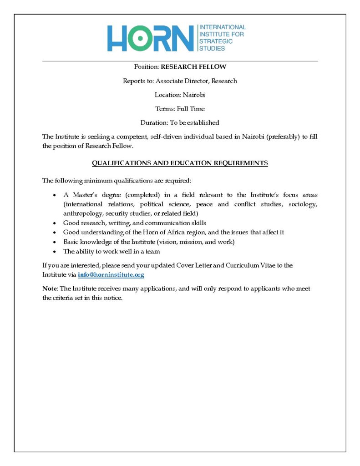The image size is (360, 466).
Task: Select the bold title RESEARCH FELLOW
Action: (x=193, y=67)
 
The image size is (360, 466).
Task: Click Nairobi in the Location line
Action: (x=194, y=95)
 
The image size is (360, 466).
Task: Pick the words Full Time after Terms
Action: (x=194, y=109)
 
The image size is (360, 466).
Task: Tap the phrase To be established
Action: (x=194, y=122)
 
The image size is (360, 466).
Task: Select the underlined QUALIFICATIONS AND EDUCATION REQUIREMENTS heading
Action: (x=180, y=163)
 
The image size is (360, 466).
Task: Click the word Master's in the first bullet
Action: (x=85, y=195)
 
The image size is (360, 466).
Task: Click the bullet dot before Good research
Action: (x=55, y=223)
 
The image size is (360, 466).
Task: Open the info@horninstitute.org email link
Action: (x=111, y=275)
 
